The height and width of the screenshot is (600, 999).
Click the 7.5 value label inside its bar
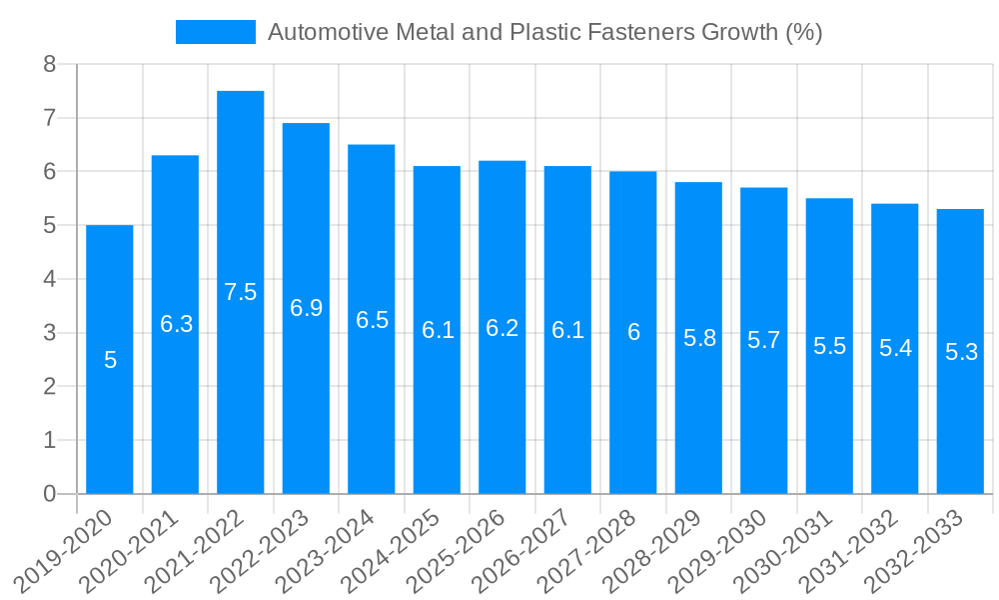click(241, 292)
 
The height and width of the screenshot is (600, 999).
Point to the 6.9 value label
click(307, 308)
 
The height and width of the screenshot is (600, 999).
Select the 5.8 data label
click(699, 338)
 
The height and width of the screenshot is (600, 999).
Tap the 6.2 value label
click(502, 328)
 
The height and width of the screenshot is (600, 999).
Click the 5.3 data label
click(961, 352)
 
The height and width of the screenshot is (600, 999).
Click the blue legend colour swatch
click(216, 32)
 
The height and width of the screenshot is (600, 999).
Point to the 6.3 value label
click(176, 324)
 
